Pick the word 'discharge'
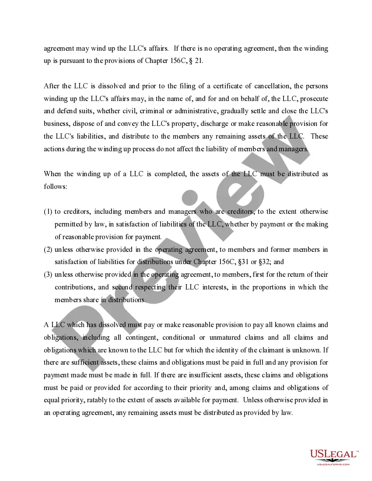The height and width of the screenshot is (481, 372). tap(214, 124)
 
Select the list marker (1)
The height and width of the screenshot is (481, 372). tap(48, 212)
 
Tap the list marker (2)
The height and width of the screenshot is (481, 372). tap(48, 250)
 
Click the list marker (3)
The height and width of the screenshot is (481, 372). tap(48, 275)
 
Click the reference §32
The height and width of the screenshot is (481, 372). tap(262, 262)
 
